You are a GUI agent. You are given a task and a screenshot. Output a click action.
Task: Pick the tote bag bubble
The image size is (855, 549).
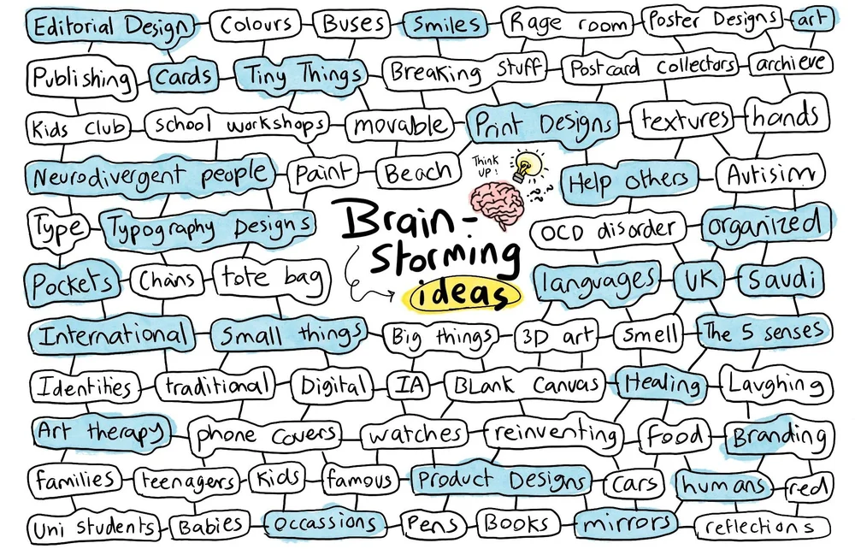point(270,278)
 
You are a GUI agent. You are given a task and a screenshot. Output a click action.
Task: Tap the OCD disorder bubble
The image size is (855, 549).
point(609,231)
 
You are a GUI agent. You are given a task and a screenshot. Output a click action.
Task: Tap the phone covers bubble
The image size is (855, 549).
point(265,435)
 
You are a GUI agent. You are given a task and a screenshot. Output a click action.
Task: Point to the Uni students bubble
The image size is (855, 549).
point(92,525)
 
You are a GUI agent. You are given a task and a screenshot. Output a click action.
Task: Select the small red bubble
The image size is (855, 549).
point(810,487)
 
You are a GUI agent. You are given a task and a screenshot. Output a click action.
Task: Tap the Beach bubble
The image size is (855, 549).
point(417,174)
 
